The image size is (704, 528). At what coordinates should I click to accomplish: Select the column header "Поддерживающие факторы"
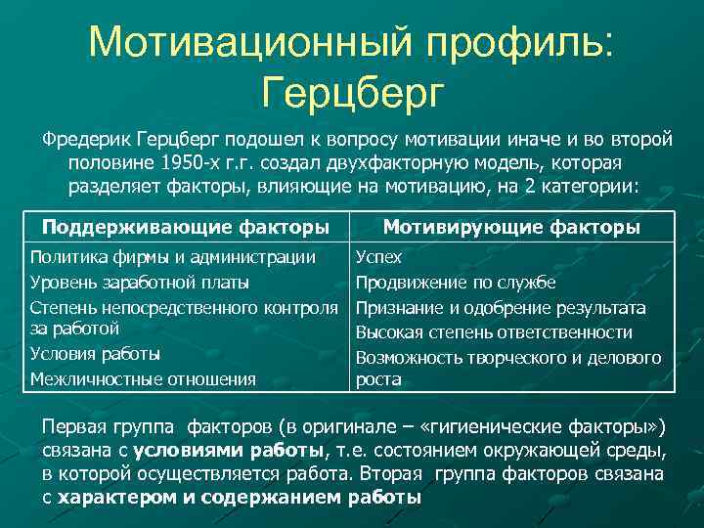(x=185, y=228)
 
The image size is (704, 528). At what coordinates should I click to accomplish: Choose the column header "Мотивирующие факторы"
(x=511, y=228)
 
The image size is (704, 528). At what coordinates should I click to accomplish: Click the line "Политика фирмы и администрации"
(x=173, y=258)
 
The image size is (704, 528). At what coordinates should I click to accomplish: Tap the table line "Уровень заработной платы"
(x=139, y=283)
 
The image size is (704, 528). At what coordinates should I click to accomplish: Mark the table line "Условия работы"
(x=95, y=354)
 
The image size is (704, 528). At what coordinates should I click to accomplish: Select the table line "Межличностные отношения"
(x=143, y=378)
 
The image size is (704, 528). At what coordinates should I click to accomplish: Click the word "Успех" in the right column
(x=378, y=258)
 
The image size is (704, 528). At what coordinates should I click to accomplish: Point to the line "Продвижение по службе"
(x=456, y=283)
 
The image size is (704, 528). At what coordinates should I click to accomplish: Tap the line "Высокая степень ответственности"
(x=494, y=332)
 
